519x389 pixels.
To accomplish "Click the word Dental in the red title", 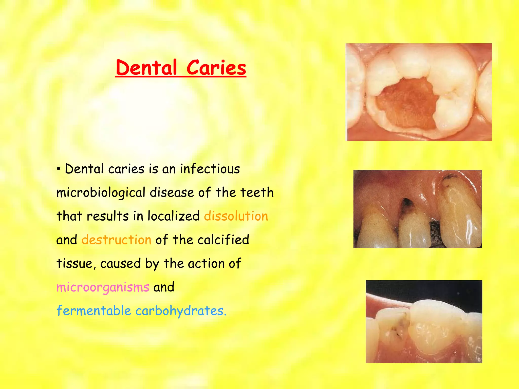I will click(x=146, y=68).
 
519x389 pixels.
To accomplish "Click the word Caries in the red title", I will click(x=216, y=68).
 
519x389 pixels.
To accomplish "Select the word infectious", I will click(x=210, y=169).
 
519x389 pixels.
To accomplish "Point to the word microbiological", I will click(x=101, y=193).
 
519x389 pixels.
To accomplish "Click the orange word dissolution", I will click(x=236, y=216).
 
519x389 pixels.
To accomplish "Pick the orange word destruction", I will click(x=116, y=240).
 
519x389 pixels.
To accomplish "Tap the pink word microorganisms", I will click(x=103, y=287).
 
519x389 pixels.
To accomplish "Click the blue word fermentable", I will click(x=94, y=311).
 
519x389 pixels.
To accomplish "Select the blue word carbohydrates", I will click(x=181, y=311).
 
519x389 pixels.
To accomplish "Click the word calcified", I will click(x=223, y=240).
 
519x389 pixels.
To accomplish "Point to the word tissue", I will click(x=76, y=263).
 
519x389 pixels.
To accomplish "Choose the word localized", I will click(x=174, y=216).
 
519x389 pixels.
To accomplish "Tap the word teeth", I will click(x=257, y=192).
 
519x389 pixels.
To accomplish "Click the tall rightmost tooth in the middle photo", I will click(x=460, y=213).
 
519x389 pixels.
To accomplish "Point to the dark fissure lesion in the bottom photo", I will click(x=398, y=327).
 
